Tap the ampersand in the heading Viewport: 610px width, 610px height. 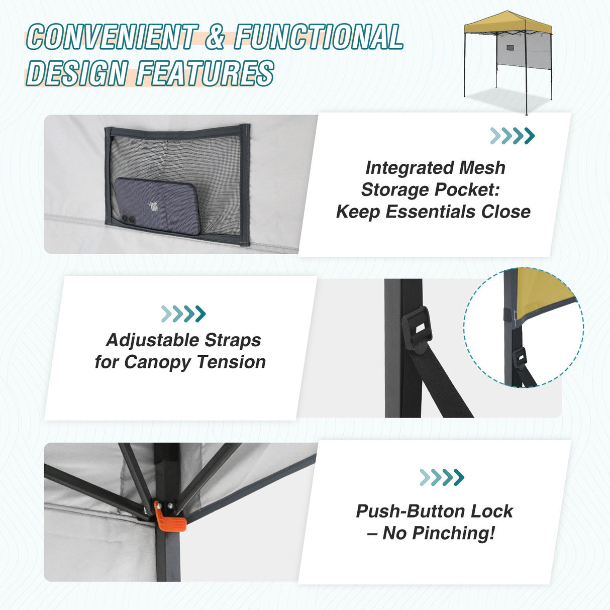tap(215, 37)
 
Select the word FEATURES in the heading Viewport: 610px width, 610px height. tap(205, 73)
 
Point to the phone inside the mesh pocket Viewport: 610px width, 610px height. tap(157, 206)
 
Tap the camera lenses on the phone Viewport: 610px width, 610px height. tap(128, 220)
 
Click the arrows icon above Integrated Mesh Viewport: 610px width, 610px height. tap(512, 136)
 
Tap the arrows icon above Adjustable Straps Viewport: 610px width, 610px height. tap(183, 314)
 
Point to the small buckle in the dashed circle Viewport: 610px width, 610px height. tap(521, 357)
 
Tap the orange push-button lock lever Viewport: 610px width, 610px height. tap(170, 519)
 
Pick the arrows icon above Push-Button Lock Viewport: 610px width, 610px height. tap(442, 477)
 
